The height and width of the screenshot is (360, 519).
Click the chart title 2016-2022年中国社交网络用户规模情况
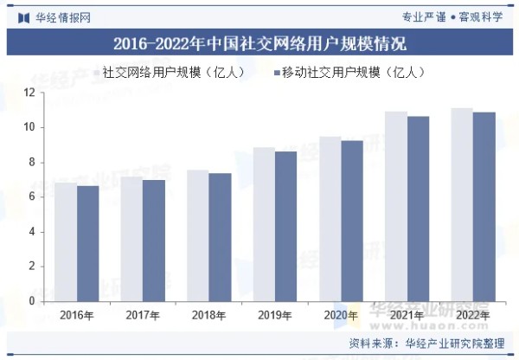(259, 43)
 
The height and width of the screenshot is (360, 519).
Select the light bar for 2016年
(66, 242)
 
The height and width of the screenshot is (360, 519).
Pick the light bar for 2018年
(198, 235)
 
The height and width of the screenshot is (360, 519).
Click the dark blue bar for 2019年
(286, 227)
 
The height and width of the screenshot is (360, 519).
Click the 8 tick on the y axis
(31, 163)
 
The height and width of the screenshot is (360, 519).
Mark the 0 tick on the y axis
(31, 301)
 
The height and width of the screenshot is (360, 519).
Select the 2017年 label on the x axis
(143, 315)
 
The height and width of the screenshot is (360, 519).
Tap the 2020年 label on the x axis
(341, 315)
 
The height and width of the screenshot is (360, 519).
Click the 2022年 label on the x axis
(473, 315)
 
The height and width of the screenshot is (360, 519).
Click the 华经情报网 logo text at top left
(52, 16)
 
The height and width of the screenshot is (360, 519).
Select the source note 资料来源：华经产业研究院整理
(427, 344)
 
